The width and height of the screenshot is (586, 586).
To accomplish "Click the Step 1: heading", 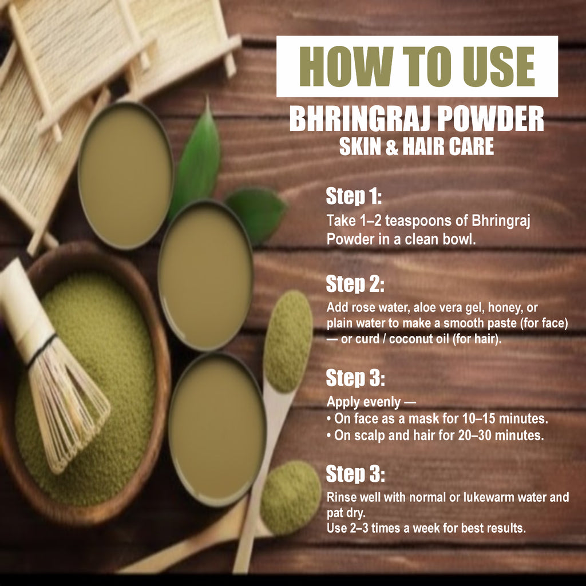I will click(x=354, y=197).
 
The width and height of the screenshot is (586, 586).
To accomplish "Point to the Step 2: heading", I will click(x=355, y=284).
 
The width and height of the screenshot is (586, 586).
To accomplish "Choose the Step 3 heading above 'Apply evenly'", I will click(x=355, y=378).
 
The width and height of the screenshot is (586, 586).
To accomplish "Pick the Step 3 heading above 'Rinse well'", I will click(x=355, y=474).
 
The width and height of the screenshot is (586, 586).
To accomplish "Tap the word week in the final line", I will click(x=435, y=528).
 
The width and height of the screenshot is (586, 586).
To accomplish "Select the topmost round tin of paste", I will click(x=125, y=176).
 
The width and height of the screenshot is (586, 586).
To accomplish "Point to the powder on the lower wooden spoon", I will click(x=290, y=496).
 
